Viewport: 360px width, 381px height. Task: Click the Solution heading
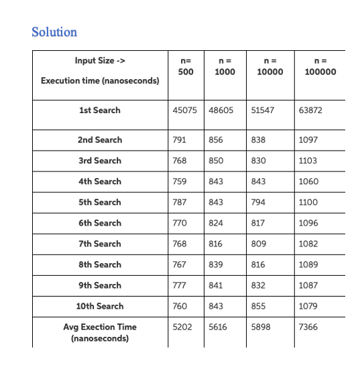(54, 32)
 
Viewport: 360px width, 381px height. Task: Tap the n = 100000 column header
(320, 66)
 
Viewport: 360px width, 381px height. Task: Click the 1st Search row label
(99, 110)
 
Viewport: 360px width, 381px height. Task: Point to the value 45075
(184, 110)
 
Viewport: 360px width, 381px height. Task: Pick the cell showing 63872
(310, 110)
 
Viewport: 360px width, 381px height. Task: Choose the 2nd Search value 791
(179, 140)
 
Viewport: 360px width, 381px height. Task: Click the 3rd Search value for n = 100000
(308, 161)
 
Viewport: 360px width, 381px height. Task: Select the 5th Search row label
(99, 202)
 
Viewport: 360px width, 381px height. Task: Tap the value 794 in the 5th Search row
(257, 202)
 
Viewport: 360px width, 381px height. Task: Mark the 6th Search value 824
(216, 223)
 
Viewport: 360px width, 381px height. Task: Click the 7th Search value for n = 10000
(258, 244)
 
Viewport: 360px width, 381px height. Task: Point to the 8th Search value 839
(216, 264)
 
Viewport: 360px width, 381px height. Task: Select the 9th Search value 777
(179, 285)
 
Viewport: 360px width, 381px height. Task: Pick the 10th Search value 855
(258, 306)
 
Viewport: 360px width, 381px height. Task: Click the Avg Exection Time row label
(99, 332)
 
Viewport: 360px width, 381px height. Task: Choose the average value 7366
(308, 327)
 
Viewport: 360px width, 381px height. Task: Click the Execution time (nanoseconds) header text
(100, 80)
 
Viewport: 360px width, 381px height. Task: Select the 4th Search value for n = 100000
(308, 181)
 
